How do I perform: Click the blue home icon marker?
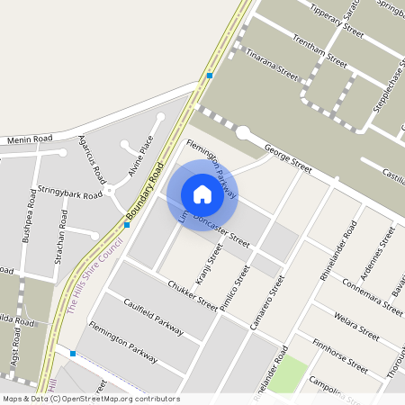[202, 194]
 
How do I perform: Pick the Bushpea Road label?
[24, 237]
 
